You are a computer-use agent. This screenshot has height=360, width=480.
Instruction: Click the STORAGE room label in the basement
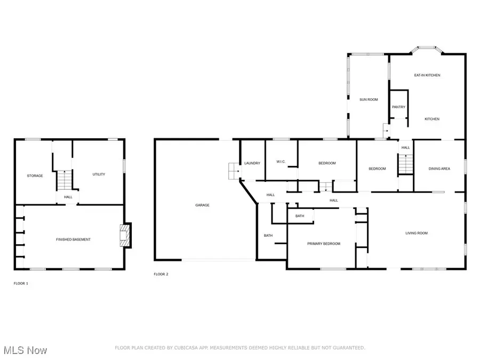click(x=35, y=175)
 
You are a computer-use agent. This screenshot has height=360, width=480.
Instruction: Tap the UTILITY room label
click(x=99, y=174)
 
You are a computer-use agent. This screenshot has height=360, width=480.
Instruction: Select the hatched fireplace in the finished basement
click(x=124, y=236)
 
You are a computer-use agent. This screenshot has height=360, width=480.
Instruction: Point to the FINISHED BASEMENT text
click(x=73, y=239)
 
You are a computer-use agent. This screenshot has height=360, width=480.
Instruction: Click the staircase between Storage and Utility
click(x=64, y=180)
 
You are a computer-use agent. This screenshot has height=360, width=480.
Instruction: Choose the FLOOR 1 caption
click(x=21, y=283)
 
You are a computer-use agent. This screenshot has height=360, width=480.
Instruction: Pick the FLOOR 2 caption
click(x=161, y=274)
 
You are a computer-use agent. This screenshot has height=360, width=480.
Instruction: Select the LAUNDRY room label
click(x=252, y=163)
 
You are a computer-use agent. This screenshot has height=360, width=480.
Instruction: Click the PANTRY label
click(x=398, y=107)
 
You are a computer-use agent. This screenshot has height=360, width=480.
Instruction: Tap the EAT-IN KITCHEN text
click(x=427, y=75)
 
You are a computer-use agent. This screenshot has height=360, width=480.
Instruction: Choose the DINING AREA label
click(x=439, y=169)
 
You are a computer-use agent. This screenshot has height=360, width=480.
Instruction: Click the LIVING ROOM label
click(x=417, y=233)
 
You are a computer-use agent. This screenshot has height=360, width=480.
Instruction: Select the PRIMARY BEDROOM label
click(x=323, y=244)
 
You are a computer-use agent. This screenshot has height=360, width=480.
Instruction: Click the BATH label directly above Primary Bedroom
click(x=300, y=216)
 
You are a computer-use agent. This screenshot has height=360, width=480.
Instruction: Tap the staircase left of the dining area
click(x=406, y=164)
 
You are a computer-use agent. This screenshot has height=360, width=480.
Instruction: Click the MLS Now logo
click(x=24, y=350)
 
